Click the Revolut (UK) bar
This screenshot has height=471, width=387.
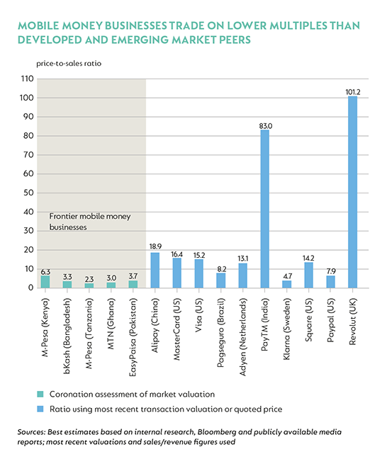(x=352, y=192)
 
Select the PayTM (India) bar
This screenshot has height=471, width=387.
(x=264, y=209)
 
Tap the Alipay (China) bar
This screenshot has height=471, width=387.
(x=155, y=271)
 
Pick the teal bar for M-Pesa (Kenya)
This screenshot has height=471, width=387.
(x=45, y=282)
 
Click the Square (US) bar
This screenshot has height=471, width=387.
(x=308, y=275)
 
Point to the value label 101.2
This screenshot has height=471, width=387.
(x=353, y=92)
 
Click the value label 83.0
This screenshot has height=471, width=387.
(x=266, y=126)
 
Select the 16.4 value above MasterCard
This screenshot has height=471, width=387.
(x=176, y=254)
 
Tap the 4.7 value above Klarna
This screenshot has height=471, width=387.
(x=287, y=276)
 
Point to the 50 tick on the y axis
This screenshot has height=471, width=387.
(x=28, y=193)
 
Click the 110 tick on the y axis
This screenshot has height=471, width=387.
(x=27, y=79)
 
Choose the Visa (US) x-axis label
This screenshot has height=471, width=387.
(x=198, y=314)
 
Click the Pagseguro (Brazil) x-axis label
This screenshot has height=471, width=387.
(x=220, y=332)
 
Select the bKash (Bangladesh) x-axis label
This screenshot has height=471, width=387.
(x=67, y=336)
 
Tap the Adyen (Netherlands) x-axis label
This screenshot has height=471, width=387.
(x=242, y=336)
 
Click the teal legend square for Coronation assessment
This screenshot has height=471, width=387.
(x=40, y=394)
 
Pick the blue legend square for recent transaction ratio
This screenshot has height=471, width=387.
(x=40, y=409)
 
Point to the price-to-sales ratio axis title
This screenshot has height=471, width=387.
(x=69, y=63)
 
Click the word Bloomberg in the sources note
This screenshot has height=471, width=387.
(x=216, y=432)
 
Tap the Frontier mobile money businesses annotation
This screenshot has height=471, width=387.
(x=90, y=222)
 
